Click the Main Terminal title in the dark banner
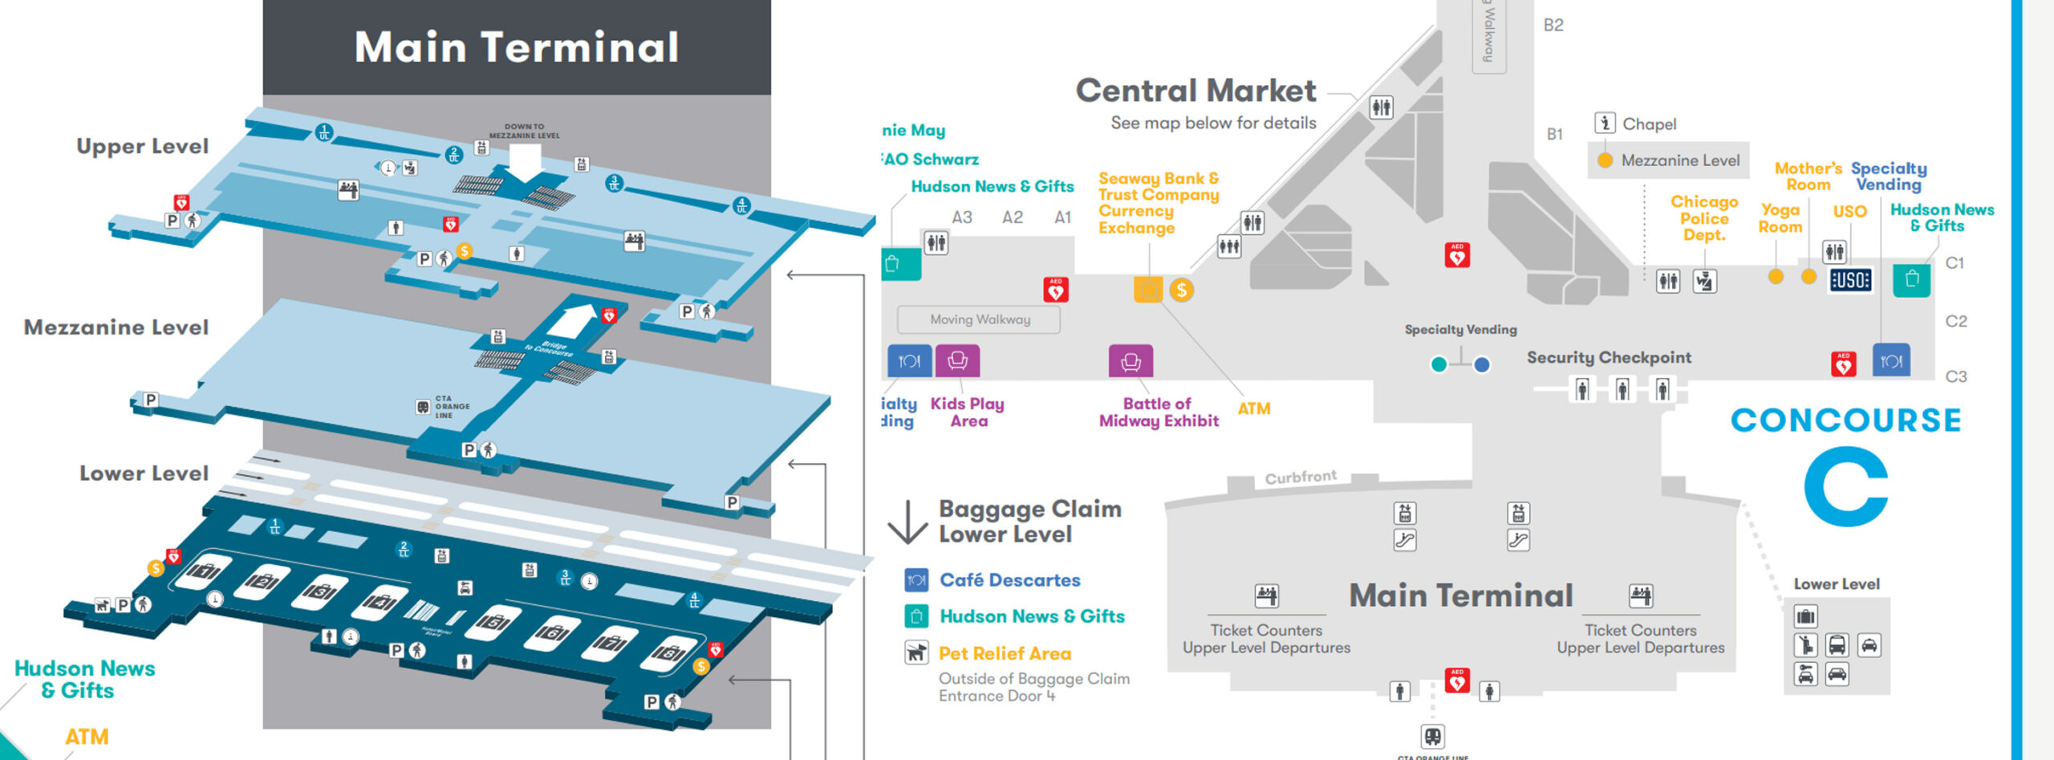[517, 47]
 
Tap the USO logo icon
[1850, 280]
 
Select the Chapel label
[1649, 124]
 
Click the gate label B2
[1553, 25]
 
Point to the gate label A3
[962, 217]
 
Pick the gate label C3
[1956, 376]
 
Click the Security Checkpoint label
[1609, 358]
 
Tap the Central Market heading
[1195, 91]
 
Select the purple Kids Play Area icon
[957, 361]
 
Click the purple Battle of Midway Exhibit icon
[1131, 361]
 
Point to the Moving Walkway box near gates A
[979, 319]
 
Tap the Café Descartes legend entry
[1009, 580]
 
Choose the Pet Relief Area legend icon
[916, 652]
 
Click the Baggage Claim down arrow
[907, 522]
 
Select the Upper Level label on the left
[142, 146]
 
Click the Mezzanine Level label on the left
[116, 327]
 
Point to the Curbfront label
[1301, 478]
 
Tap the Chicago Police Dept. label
[1704, 218]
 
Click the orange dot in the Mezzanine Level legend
[1605, 161]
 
